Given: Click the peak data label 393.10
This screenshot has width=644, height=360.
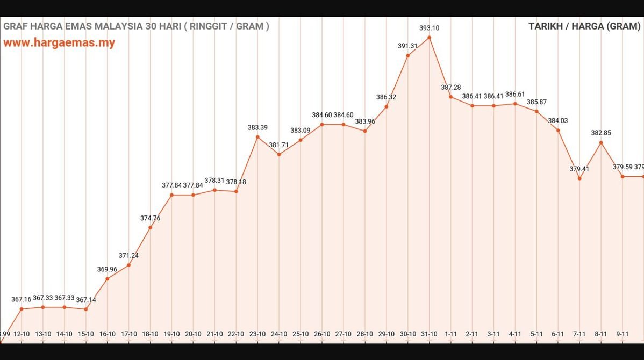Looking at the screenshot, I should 429,28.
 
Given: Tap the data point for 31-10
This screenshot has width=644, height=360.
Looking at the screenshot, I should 429,38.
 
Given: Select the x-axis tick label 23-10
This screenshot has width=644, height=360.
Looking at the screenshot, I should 257,334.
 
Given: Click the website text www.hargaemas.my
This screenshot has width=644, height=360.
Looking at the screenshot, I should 59,43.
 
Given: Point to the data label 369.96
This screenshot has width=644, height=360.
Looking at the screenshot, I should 107,269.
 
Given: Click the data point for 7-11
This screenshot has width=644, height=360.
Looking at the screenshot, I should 579,178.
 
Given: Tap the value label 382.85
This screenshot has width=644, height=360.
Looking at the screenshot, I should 601,133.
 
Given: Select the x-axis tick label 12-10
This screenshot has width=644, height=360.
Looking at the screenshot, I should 22,334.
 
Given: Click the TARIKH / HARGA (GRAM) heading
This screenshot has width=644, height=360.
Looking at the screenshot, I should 584,26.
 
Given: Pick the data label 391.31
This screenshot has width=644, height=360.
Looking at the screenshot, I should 407,46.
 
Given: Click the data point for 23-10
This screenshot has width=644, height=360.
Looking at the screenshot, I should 257,137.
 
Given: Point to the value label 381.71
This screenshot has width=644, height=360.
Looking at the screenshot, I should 279,145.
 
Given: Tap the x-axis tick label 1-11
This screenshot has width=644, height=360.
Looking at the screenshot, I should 450,334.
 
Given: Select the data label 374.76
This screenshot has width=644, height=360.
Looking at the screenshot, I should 150,218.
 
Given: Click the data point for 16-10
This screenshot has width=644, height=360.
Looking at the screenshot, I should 107,278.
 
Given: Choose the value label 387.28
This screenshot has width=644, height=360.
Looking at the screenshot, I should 450,87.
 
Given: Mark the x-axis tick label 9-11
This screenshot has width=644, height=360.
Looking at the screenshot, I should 622,334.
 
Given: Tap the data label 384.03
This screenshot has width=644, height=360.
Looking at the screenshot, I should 558,121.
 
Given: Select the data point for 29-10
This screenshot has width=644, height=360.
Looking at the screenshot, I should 386,106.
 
